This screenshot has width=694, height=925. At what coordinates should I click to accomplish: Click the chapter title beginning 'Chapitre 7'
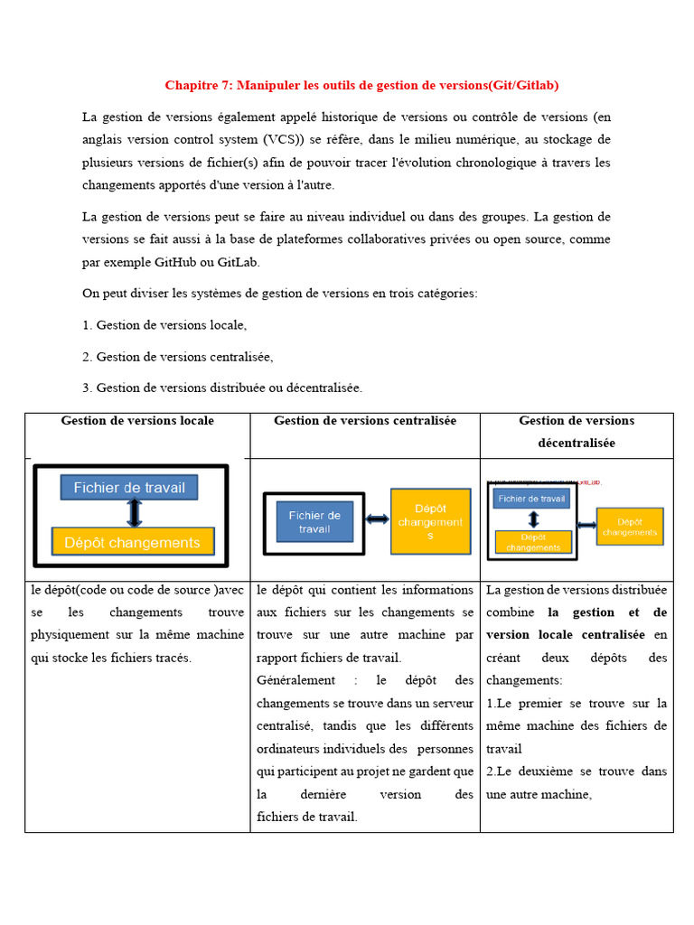361,86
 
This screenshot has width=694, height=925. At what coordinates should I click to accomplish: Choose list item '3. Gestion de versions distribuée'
222,388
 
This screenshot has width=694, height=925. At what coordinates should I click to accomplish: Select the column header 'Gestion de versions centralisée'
365,421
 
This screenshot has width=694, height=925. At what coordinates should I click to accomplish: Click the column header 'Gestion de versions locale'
137,421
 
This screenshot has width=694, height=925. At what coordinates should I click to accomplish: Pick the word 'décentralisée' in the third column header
577,444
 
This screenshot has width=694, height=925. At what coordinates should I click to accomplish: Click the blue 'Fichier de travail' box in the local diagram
129,488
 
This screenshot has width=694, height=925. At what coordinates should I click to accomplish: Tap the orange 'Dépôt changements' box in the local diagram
133,542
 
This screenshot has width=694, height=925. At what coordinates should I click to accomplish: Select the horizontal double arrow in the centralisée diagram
377,519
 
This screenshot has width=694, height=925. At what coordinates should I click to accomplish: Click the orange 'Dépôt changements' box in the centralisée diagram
430,521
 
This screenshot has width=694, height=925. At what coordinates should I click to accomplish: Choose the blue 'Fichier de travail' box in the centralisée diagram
314,522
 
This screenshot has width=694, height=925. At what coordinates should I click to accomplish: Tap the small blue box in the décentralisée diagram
532,498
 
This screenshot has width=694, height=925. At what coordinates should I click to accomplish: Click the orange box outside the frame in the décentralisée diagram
630,527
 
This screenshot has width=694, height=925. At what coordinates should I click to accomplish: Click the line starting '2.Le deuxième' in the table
577,771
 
